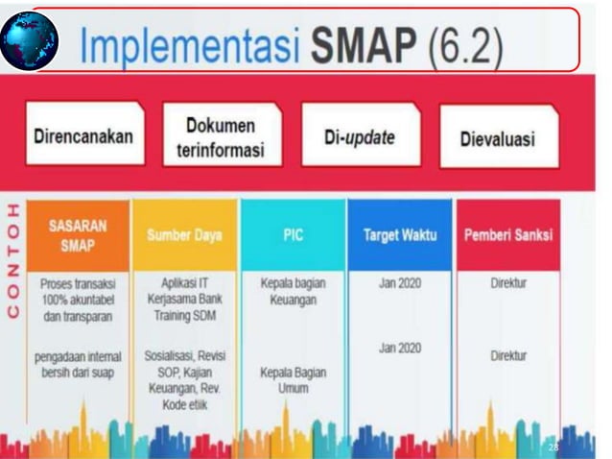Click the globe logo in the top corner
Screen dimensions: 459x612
(x=31, y=40)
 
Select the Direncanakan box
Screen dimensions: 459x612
(x=83, y=135)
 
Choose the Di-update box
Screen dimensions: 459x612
(x=360, y=137)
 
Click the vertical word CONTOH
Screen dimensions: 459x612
(x=12, y=259)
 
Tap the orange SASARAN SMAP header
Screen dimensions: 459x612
(x=78, y=234)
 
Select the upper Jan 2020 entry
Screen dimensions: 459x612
(x=400, y=284)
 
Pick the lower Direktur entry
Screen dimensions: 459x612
(x=508, y=355)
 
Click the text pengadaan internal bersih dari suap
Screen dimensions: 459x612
(x=76, y=364)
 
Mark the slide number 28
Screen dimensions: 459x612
(x=553, y=447)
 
